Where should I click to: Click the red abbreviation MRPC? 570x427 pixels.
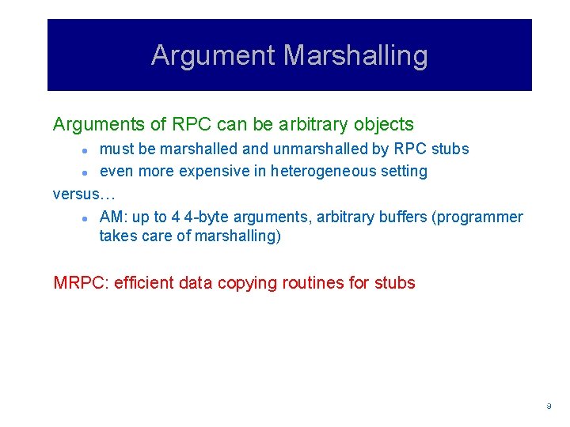click(81, 282)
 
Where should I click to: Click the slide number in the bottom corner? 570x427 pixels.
click(549, 406)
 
